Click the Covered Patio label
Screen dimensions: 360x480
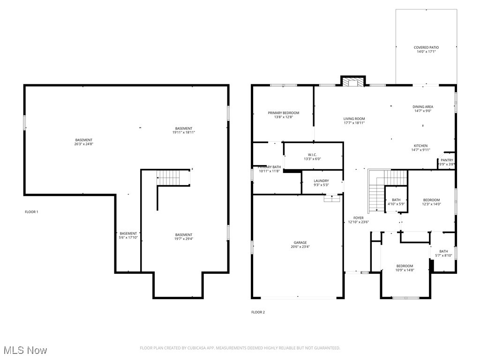[x=426, y=47]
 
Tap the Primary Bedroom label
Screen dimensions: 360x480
[x=283, y=113]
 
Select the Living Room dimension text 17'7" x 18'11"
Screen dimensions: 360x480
[x=354, y=123]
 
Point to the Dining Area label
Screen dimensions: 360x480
[x=422, y=107]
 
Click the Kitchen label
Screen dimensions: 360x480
[x=420, y=146]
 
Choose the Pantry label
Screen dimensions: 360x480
[x=447, y=160]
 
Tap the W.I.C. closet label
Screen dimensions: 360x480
[x=312, y=155]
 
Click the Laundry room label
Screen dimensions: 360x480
[x=321, y=181]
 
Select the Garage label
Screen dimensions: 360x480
[x=300, y=243]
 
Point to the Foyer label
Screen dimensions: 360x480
[x=358, y=218]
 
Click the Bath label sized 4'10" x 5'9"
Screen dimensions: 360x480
[x=396, y=200]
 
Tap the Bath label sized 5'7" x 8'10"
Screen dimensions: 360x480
[x=443, y=252]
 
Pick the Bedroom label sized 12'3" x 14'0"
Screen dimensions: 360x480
[x=431, y=200]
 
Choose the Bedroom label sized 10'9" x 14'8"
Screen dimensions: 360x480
[x=405, y=266]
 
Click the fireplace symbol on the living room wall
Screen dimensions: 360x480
[x=352, y=82]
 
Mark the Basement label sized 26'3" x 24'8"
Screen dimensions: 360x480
[x=84, y=140]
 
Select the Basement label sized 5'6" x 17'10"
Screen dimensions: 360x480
[x=128, y=233]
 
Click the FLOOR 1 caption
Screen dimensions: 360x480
[x=31, y=212]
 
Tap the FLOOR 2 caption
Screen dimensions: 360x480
[x=258, y=312]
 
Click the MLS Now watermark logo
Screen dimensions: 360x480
[x=25, y=350]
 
